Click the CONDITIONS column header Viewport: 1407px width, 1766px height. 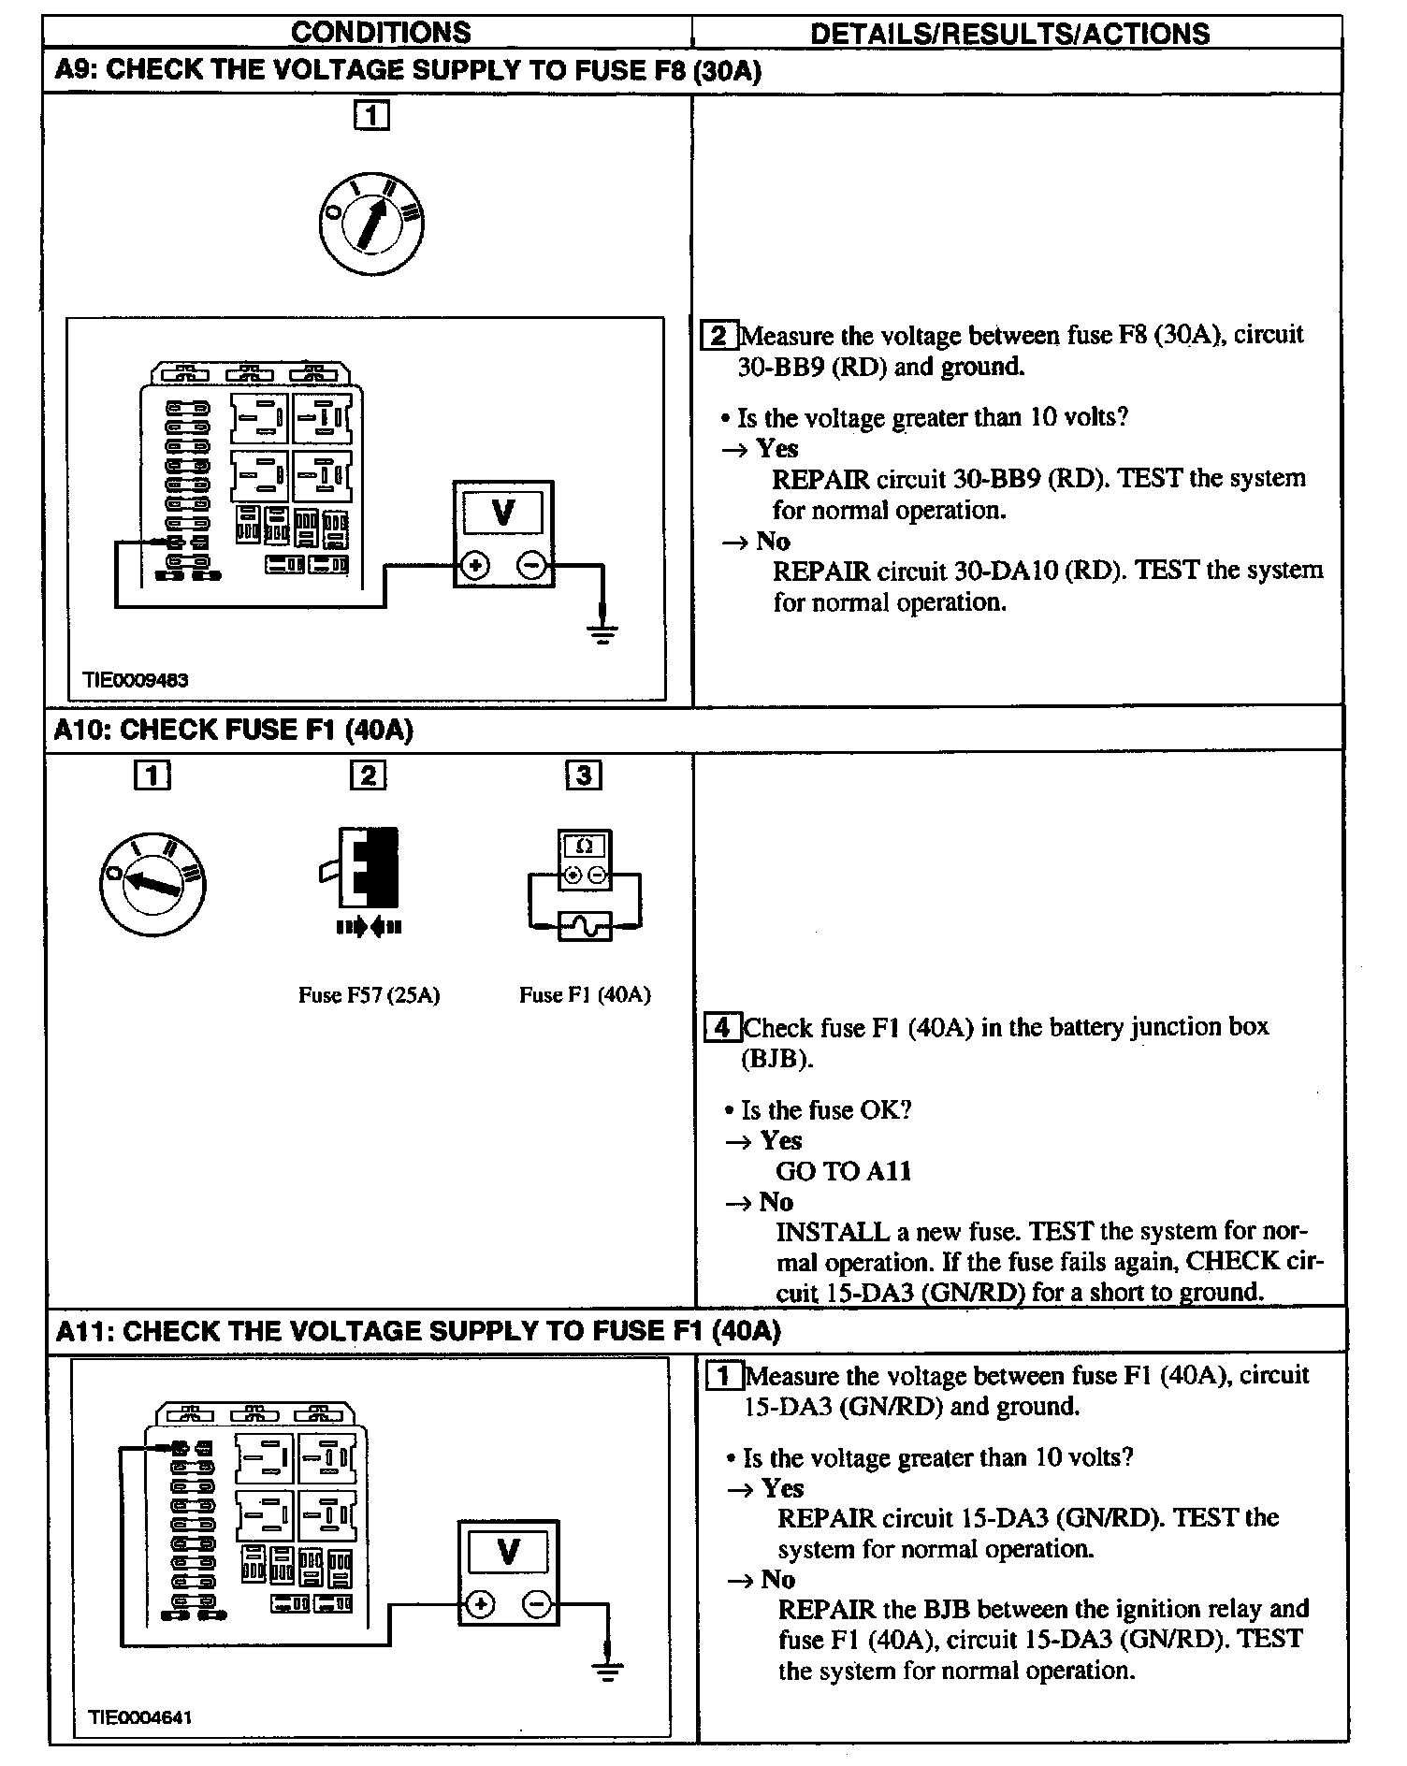[x=381, y=33]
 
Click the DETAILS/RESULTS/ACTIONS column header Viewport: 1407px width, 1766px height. [x=1009, y=34]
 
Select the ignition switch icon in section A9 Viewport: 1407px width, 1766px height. [x=370, y=222]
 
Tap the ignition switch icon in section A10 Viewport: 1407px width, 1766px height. [x=152, y=883]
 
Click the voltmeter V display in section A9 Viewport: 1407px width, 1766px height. [x=503, y=514]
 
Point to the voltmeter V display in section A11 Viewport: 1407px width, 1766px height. [x=508, y=1553]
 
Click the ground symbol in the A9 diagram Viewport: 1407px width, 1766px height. [x=603, y=635]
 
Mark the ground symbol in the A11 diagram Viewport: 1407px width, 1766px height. [x=608, y=1671]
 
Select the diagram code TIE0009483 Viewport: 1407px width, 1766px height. [x=136, y=680]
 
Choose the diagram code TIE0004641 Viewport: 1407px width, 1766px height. [x=140, y=1716]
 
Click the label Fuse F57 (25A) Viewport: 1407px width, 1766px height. [x=369, y=995]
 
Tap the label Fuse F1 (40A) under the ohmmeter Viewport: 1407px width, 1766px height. [x=585, y=995]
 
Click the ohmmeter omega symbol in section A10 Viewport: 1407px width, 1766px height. [x=585, y=847]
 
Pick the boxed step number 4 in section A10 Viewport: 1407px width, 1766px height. [x=722, y=1027]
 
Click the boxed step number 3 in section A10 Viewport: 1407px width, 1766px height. [x=584, y=774]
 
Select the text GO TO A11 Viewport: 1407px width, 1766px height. [x=843, y=1171]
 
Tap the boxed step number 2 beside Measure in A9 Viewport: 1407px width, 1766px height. [x=718, y=335]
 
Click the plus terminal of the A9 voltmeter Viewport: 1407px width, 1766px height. [x=476, y=566]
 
